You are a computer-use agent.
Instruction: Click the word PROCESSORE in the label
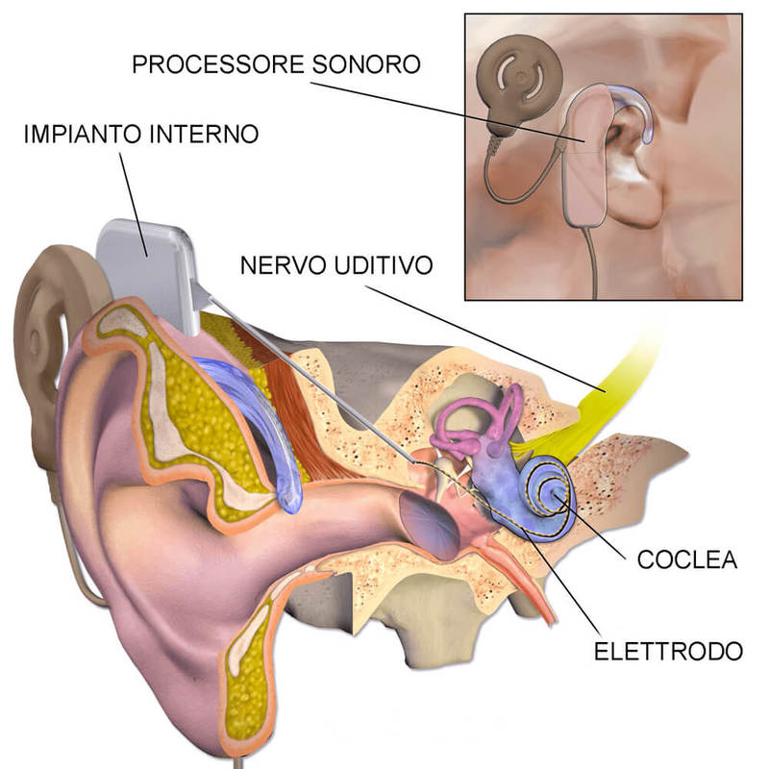click(x=218, y=64)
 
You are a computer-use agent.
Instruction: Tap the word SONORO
click(x=366, y=64)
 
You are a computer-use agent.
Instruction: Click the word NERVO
click(x=283, y=265)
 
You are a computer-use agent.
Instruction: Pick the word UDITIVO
click(x=384, y=265)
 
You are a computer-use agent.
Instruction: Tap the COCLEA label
click(x=687, y=559)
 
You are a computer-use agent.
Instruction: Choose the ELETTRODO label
click(x=668, y=652)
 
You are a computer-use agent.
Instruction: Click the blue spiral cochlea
click(x=544, y=496)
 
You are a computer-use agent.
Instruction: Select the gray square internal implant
click(x=148, y=275)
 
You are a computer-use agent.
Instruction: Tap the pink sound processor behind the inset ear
click(x=587, y=157)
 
